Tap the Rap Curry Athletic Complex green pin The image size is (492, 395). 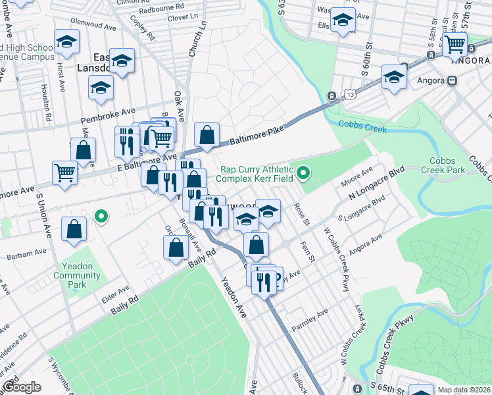303,174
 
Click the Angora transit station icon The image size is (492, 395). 452,81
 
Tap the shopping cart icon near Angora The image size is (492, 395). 455,45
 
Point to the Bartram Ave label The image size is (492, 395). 31,251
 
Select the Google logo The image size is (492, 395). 21,388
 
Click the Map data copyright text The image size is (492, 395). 464,390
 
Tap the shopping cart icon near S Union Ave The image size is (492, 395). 64,173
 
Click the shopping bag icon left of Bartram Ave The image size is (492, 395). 74,229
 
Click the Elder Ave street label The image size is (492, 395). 115,293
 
